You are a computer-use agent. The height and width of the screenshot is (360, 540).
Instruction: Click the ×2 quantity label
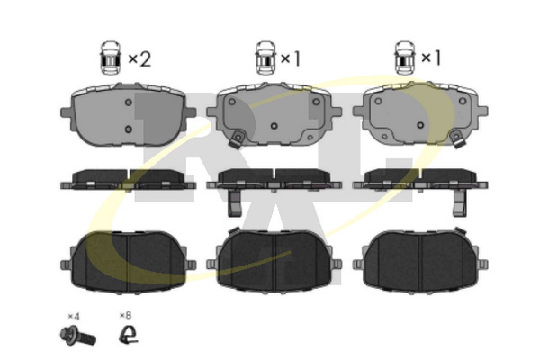(x=139, y=58)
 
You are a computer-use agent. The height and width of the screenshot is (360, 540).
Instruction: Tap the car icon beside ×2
(x=111, y=58)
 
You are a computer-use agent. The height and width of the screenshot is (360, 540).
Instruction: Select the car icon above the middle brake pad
(x=265, y=58)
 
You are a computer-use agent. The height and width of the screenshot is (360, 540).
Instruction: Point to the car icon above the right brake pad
(x=405, y=58)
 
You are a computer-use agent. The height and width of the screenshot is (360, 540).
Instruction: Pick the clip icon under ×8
(x=129, y=334)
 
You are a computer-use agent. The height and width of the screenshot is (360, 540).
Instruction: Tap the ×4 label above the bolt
(x=74, y=316)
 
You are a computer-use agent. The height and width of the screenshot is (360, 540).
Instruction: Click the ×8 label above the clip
(x=125, y=315)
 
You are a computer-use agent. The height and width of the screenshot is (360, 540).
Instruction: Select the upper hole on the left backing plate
(x=129, y=103)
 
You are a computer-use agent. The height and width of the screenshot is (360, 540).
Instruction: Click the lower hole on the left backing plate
(x=129, y=130)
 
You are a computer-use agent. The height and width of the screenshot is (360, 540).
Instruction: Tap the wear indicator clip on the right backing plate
(x=456, y=139)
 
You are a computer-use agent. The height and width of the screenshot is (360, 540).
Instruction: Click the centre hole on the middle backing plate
(x=274, y=126)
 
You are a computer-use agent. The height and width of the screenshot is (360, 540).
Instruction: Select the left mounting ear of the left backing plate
(x=66, y=112)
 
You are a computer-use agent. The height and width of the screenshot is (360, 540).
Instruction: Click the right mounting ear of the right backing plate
(x=482, y=112)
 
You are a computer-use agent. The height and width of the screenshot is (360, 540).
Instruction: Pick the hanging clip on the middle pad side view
(x=235, y=203)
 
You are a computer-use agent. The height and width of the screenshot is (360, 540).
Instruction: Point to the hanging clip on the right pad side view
(x=460, y=203)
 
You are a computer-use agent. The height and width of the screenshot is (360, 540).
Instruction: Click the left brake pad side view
(x=128, y=179)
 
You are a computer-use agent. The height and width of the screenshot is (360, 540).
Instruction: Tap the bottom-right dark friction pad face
(x=420, y=262)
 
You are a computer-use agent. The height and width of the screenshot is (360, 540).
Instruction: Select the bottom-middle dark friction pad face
(x=274, y=262)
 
